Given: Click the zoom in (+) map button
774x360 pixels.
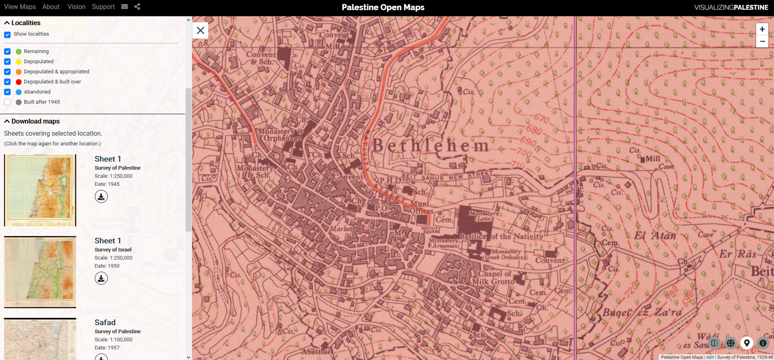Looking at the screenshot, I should (762, 29).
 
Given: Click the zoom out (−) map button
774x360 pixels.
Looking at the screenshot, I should (762, 42).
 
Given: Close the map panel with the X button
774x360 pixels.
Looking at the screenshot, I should (200, 30).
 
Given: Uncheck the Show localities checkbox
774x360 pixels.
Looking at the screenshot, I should (7, 34).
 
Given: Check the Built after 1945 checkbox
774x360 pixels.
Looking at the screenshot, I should (7, 102).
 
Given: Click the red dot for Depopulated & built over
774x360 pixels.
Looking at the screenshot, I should (18, 82).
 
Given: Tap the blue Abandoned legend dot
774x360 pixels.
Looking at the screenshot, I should (18, 92).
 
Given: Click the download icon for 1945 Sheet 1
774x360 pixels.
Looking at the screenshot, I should (101, 196).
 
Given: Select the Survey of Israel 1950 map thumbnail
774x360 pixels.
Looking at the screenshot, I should (40, 271).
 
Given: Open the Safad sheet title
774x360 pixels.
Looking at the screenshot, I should (105, 322).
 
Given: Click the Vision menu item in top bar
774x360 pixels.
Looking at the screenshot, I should (76, 7).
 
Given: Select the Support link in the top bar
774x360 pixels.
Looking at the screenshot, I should (103, 7).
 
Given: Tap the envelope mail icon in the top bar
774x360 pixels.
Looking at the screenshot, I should (124, 7).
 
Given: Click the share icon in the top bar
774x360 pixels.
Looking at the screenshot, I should (137, 7).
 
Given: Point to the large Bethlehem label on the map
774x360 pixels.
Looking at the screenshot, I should (430, 145).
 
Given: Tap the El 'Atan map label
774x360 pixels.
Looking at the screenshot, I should (655, 236).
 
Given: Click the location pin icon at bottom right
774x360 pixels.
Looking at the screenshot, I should (747, 343).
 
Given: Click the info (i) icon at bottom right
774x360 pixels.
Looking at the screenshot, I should (763, 343).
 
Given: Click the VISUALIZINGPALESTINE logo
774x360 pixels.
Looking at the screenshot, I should (731, 7).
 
